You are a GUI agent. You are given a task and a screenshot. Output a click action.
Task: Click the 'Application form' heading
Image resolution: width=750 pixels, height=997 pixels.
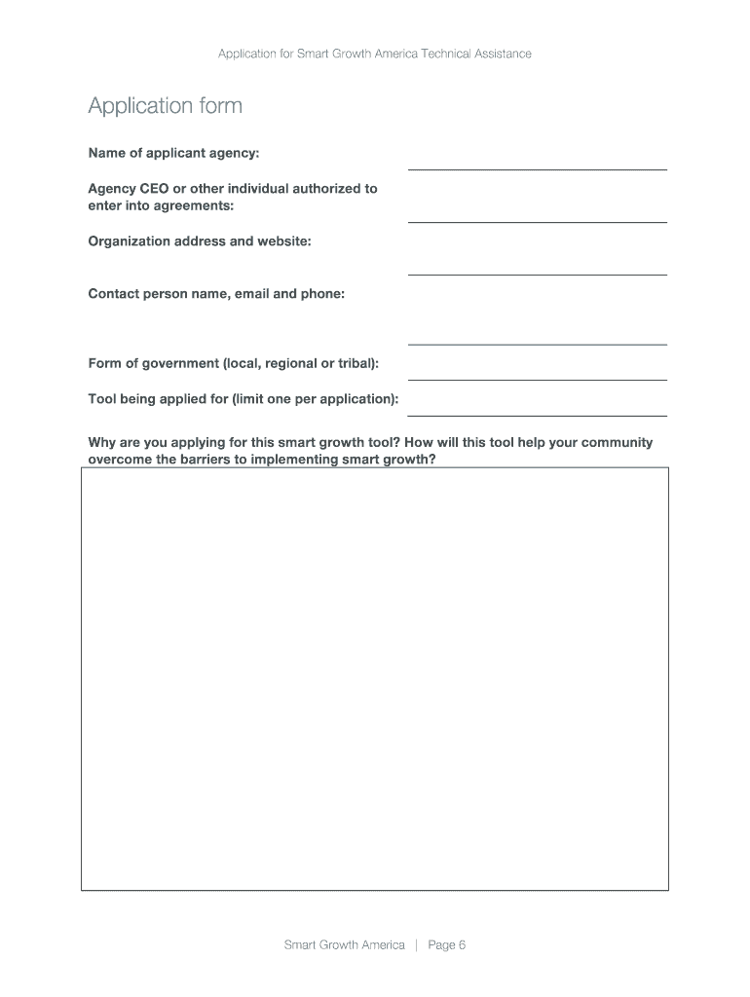click(x=165, y=106)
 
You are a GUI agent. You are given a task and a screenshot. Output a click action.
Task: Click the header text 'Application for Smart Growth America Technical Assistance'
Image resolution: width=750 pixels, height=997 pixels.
click(x=375, y=54)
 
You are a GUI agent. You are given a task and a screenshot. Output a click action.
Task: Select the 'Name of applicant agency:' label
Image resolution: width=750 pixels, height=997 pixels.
click(x=173, y=153)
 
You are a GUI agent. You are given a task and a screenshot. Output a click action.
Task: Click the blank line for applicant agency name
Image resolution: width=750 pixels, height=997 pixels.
click(x=537, y=167)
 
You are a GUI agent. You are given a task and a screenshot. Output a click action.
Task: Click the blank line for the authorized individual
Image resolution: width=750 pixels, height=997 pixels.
click(x=537, y=221)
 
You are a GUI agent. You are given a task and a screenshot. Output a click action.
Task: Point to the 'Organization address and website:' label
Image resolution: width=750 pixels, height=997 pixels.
click(x=200, y=240)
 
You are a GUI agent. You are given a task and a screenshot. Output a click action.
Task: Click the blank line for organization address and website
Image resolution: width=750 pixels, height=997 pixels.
click(x=537, y=273)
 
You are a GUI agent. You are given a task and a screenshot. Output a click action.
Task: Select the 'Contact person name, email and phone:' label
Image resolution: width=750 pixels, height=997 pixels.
click(x=216, y=293)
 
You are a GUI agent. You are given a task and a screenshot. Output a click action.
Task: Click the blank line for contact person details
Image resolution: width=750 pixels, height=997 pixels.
click(x=537, y=343)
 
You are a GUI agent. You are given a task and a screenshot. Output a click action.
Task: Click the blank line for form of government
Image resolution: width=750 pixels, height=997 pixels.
click(x=537, y=378)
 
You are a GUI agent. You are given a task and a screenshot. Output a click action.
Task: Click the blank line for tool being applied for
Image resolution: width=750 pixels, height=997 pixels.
click(x=537, y=414)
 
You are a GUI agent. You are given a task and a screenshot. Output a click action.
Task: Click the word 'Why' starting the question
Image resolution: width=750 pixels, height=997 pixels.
click(x=101, y=442)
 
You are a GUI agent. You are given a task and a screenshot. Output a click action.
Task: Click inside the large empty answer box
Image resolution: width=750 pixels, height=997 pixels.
click(x=375, y=679)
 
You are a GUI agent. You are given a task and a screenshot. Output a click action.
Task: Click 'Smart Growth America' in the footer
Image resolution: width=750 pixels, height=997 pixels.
click(x=344, y=944)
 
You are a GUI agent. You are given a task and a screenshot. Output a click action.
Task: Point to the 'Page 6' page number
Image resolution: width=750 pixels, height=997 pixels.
click(x=447, y=944)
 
